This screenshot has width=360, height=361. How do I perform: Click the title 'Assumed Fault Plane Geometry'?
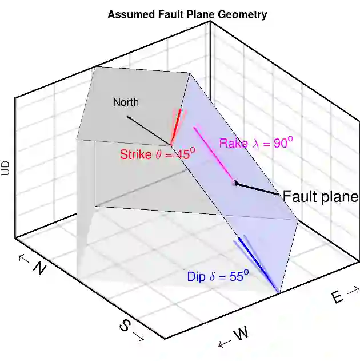click(x=187, y=14)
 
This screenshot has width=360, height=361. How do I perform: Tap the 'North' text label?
click(x=126, y=102)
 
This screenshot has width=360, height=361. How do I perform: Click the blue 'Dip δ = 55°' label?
click(x=218, y=276)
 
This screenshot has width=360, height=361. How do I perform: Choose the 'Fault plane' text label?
click(x=321, y=197)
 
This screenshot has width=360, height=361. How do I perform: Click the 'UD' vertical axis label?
click(x=6, y=167)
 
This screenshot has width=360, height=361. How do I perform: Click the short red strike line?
click(x=177, y=126)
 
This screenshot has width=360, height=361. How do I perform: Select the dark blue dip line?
click(x=257, y=266)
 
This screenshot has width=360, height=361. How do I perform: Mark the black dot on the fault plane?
click(x=235, y=183)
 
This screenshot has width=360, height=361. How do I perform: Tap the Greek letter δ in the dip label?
click(x=213, y=277)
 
